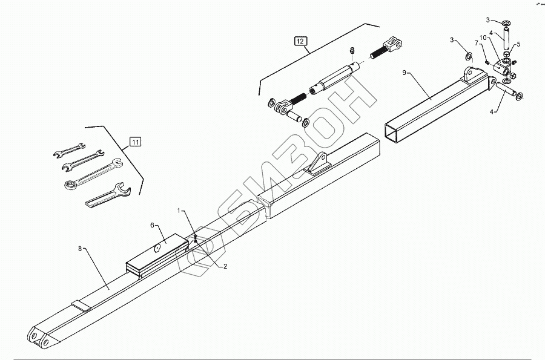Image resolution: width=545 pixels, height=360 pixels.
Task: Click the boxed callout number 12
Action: coord(301,41)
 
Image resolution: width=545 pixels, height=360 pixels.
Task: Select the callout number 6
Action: coord(153,225)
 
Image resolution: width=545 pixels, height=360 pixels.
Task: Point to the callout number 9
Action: coord(405,73)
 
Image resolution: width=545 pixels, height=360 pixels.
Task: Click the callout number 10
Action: coord(483,38)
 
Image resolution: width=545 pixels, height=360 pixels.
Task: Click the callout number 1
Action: coord(179,211)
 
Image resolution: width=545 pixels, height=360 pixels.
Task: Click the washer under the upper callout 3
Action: coord(506,24)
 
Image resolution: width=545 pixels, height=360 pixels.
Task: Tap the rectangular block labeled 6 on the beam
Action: coord(156,254)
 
